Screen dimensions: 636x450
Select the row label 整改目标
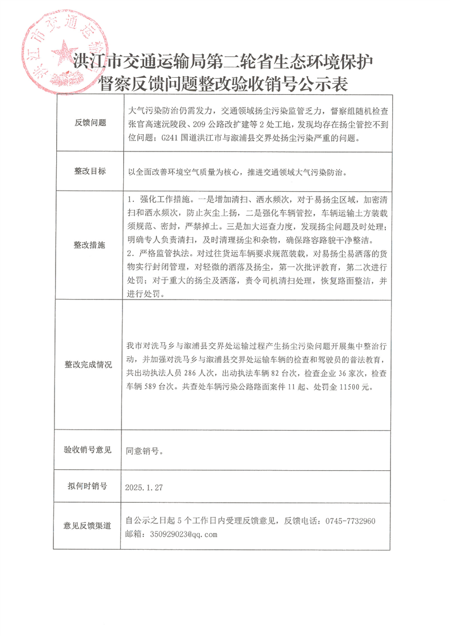pos(90,171)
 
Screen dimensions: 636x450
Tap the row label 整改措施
pos(90,245)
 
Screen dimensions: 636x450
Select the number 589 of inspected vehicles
pos(159,387)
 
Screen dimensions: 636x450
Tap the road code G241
pos(171,137)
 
